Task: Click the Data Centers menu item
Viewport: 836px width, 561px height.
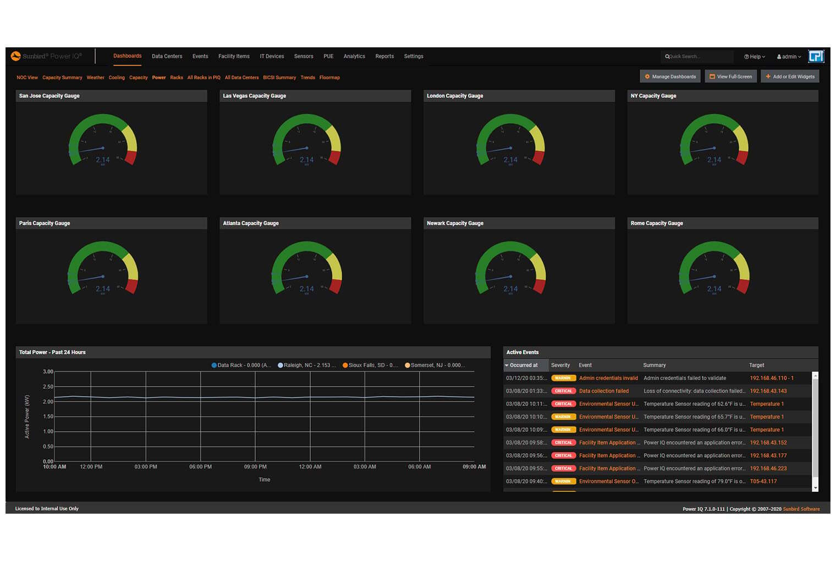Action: click(167, 56)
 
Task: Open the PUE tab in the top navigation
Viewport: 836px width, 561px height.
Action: click(328, 56)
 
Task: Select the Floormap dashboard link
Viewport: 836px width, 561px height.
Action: click(329, 78)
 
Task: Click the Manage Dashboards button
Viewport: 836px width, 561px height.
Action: click(670, 76)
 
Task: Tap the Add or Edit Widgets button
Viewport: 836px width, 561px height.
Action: click(790, 76)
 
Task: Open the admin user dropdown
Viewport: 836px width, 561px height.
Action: click(789, 57)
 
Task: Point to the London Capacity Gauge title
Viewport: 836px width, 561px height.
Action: click(455, 96)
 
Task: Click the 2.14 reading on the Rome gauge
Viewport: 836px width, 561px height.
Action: click(714, 289)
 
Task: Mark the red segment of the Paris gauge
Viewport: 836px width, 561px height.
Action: click(132, 285)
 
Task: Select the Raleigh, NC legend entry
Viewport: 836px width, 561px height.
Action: click(306, 365)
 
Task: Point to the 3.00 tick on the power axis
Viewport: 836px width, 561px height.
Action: click(48, 372)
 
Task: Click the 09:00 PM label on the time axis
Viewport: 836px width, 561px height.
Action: click(255, 467)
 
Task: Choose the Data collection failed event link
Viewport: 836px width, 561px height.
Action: click(603, 391)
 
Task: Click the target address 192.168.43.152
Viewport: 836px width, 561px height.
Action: click(768, 443)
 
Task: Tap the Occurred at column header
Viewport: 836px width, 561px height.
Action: click(524, 365)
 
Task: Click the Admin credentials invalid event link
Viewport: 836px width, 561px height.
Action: click(608, 378)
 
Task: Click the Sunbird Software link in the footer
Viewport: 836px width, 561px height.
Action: click(801, 509)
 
